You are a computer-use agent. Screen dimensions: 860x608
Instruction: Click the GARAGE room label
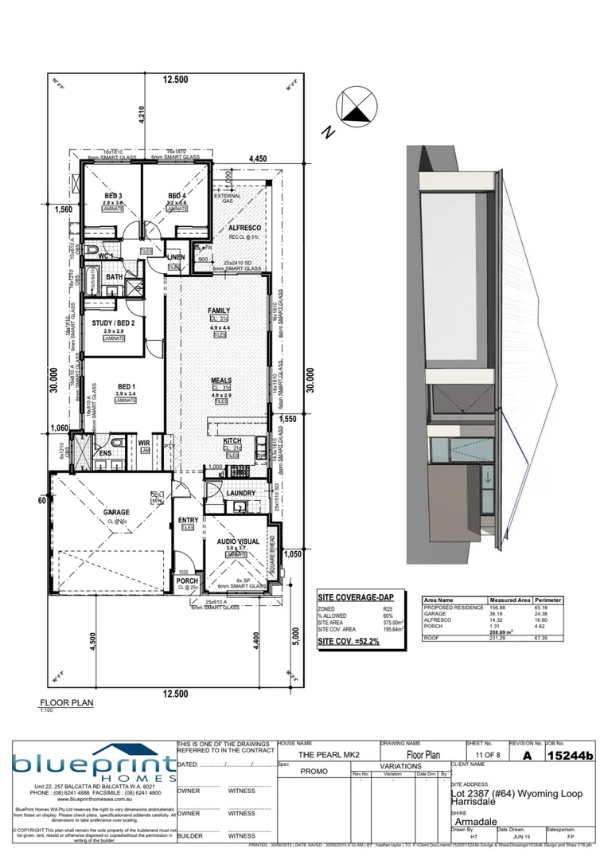[x=115, y=512]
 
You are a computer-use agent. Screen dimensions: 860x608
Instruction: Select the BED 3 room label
[x=114, y=196]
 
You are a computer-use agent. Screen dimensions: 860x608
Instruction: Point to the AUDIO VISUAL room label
[x=238, y=541]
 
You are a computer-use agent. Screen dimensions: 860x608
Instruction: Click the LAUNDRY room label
[x=240, y=493]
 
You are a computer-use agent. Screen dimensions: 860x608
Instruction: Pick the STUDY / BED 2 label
[x=113, y=322]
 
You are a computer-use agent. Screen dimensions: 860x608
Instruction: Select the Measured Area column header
[x=510, y=600]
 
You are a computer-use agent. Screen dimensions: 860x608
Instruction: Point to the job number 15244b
[x=570, y=755]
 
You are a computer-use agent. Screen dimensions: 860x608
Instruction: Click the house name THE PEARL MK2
[x=329, y=754]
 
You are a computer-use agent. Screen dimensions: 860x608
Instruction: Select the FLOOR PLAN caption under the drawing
[x=67, y=704]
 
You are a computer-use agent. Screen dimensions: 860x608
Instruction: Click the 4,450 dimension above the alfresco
[x=257, y=159]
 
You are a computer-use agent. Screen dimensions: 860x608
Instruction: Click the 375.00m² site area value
[x=388, y=622]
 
